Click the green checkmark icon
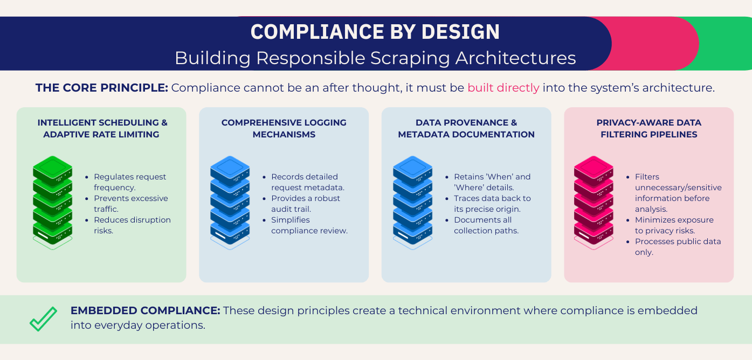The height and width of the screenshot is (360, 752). pos(43,319)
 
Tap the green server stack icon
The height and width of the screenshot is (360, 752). pos(52,203)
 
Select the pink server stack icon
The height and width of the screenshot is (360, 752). pos(594,203)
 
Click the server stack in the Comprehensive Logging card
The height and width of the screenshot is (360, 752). pos(230,203)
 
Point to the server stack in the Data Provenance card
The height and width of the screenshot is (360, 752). pos(412,203)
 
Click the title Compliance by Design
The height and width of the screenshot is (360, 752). pos(375,32)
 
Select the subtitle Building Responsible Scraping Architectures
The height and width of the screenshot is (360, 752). pos(375,58)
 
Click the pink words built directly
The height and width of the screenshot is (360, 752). pos(503,88)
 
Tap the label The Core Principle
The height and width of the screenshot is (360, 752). pos(102,88)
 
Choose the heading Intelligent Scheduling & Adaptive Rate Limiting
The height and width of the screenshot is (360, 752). pos(102,128)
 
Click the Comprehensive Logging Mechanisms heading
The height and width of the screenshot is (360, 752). pos(284,128)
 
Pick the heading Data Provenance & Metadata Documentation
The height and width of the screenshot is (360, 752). pos(466,128)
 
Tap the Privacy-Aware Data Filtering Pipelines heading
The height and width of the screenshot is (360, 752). pos(648,128)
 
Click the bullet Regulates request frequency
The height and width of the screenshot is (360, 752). pos(129,182)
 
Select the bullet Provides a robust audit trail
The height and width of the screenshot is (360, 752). pos(306,204)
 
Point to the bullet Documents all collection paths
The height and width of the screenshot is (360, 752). pos(485,225)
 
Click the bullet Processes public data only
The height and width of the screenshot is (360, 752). pos(677,247)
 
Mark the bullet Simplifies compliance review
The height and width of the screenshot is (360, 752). pos(309,225)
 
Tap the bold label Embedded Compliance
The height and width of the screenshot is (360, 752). pos(145,310)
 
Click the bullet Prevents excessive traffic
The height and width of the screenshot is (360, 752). pos(130,204)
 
